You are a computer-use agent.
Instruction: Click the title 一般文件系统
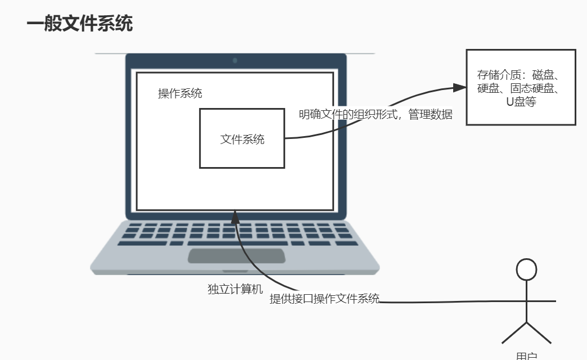79,24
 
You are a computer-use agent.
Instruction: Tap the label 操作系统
180,94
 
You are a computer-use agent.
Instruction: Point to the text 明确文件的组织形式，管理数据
375,114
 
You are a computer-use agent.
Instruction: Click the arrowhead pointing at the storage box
459,88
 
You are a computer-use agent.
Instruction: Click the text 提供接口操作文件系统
324,299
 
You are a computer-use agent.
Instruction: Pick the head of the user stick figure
527,269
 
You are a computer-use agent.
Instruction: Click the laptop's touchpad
236,256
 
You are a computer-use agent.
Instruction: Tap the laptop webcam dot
235,60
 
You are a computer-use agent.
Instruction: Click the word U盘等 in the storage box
521,102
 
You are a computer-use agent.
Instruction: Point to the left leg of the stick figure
514,333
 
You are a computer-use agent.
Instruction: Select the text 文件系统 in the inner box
242,139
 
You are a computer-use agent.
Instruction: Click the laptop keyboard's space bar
236,243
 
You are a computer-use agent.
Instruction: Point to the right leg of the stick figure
539,333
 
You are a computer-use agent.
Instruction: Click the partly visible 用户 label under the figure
527,356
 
